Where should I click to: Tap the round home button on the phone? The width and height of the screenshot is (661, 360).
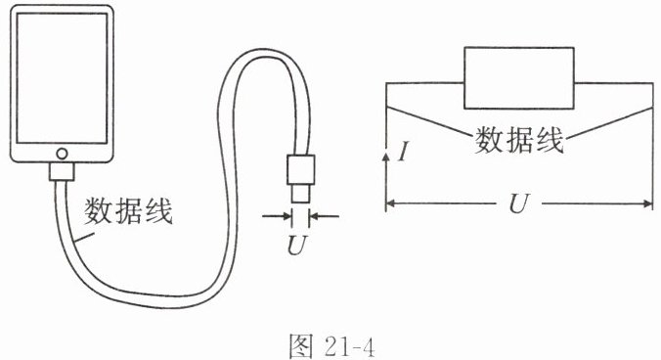[x=62, y=154]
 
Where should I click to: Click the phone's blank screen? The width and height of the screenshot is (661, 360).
[x=62, y=78]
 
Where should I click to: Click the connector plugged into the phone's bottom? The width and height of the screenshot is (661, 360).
[x=62, y=171]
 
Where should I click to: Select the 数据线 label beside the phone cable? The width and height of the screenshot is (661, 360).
[x=128, y=211]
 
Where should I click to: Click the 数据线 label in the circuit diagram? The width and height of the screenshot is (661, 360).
[x=519, y=140]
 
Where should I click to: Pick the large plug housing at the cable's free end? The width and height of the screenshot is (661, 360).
[x=301, y=169]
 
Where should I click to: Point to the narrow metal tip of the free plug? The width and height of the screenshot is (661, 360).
[x=301, y=194]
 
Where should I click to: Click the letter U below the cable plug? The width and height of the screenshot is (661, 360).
[x=297, y=245]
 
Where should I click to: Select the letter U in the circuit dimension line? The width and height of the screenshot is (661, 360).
[x=518, y=204]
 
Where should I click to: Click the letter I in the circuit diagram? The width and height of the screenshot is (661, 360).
[x=404, y=152]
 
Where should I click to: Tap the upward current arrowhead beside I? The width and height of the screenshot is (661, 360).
[x=385, y=157]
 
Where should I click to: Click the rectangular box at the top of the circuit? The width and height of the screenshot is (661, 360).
[x=519, y=78]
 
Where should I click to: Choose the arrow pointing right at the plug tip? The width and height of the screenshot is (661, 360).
[x=277, y=216]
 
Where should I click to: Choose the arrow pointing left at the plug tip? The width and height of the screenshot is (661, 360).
[x=325, y=216]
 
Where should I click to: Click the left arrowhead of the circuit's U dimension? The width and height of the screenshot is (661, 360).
[x=391, y=204]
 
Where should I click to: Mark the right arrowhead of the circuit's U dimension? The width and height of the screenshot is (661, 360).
[x=647, y=204]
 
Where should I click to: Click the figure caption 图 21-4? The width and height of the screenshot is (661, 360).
[x=331, y=346]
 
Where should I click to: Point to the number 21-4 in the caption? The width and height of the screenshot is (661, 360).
[x=349, y=347]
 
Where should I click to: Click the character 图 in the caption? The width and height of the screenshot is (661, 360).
[x=301, y=346]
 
